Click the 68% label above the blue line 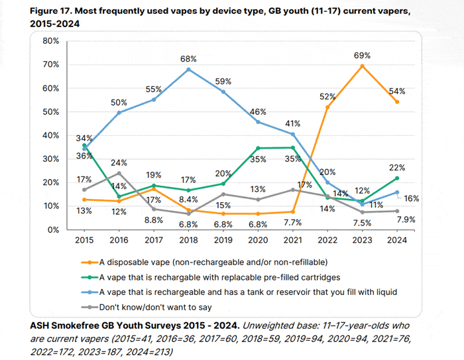pos(189,59)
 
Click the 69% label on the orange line pos(362,56)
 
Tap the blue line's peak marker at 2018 pos(189,70)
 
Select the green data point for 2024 pos(396,178)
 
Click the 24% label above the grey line pos(119,162)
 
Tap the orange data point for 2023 pos(362,66)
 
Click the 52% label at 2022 pos(327,96)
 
